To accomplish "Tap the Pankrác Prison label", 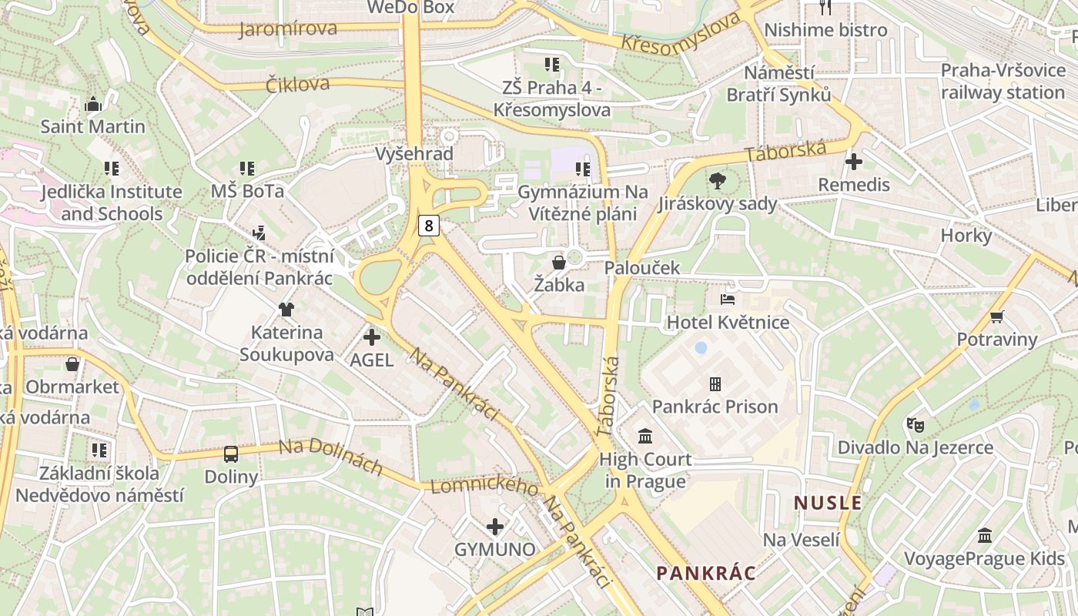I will tap(715, 406).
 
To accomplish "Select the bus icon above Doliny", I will tap(231, 454).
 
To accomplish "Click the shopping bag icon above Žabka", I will tap(559, 263).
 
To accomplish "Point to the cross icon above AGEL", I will tap(372, 337).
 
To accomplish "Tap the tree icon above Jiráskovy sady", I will tap(718, 182).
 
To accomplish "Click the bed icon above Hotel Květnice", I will tap(728, 299).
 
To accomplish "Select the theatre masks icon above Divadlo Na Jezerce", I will tap(915, 424).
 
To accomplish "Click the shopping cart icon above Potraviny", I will tap(997, 316).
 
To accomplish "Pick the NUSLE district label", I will tap(828, 503).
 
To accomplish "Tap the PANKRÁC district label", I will tap(706, 573).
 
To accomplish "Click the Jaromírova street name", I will tap(288, 29).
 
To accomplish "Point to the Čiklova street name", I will tap(297, 84).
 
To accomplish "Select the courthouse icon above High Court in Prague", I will tap(645, 437).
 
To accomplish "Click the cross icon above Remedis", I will tap(853, 162).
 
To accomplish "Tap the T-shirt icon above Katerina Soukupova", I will tap(286, 310).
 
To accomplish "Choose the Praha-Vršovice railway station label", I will tap(1003, 82).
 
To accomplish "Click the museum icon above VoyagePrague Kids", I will tap(985, 535).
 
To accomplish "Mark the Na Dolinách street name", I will tap(330, 457).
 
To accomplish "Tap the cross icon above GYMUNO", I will tap(495, 527).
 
